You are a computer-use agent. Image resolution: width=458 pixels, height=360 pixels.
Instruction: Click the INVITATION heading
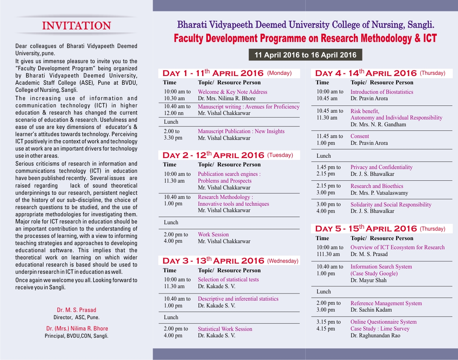[x=77, y=26]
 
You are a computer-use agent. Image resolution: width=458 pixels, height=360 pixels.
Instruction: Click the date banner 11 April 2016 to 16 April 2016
[x=305, y=55]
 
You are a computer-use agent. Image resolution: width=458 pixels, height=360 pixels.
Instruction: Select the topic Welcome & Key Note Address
[x=232, y=92]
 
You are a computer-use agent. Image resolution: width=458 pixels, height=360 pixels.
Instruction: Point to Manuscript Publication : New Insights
[x=241, y=131]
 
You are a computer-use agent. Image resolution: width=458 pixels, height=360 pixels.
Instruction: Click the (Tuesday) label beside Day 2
[x=280, y=155]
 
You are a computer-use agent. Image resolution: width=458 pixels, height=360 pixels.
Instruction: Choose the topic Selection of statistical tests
[x=228, y=279]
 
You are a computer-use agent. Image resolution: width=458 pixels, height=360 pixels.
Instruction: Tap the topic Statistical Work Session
[x=225, y=329]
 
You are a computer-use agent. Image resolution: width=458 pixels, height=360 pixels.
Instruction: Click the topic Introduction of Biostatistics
[x=382, y=92]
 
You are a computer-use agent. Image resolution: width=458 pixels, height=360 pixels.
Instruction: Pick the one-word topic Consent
[x=360, y=136]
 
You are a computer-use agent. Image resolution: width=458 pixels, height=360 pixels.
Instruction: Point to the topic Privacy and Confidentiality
[x=381, y=167]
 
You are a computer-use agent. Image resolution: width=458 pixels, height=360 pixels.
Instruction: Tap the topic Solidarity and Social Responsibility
[x=391, y=205]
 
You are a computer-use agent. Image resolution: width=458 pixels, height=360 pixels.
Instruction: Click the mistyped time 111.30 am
[x=328, y=254]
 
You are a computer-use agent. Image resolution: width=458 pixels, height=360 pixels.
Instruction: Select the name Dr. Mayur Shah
[x=368, y=280]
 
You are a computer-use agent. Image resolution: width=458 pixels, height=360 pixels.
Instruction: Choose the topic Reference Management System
[x=386, y=303]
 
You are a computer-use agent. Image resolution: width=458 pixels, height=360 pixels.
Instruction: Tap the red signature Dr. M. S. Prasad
[x=76, y=310]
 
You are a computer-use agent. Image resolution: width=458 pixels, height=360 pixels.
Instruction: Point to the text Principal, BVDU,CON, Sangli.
[x=76, y=336]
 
